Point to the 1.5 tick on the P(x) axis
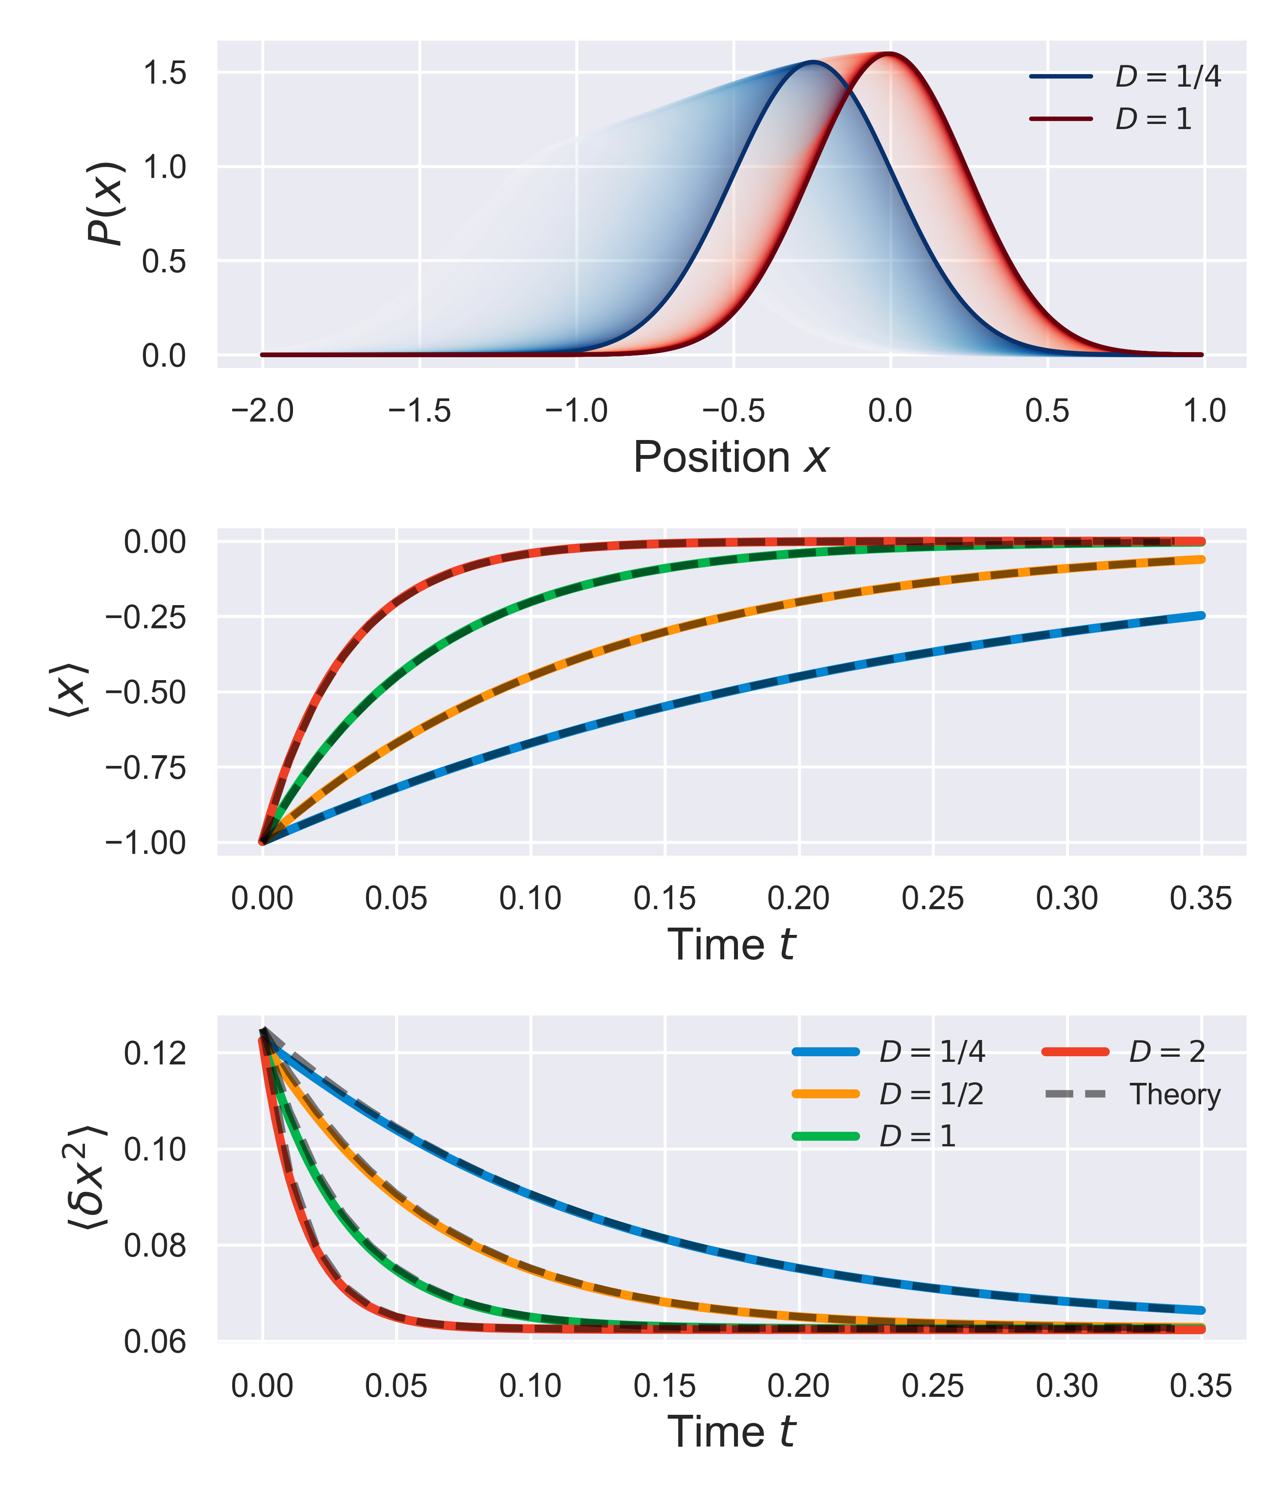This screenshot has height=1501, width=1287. point(164,73)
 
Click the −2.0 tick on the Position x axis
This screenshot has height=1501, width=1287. point(262,411)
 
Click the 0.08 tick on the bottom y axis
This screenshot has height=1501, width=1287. point(155,1246)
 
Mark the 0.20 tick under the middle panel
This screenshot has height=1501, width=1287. point(798,899)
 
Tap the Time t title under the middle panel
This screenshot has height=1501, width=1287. point(731,945)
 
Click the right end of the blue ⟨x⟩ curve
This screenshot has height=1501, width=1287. point(1202,616)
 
